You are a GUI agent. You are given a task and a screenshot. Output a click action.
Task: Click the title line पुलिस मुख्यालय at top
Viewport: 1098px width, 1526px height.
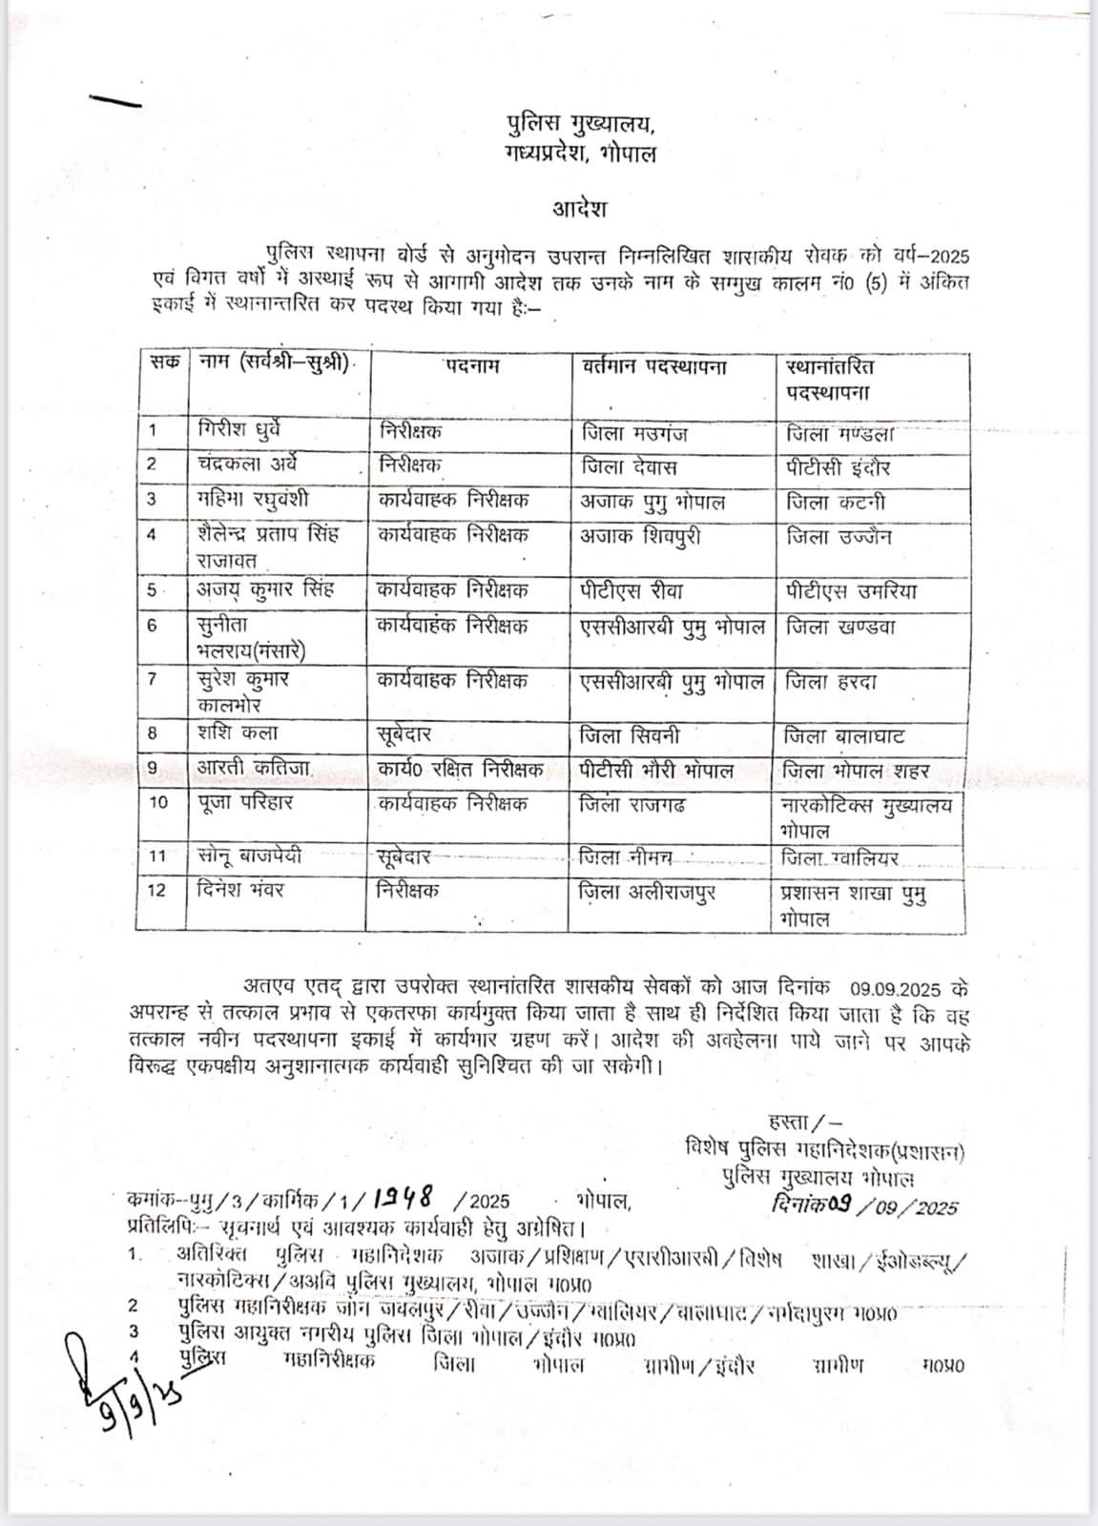[580, 124]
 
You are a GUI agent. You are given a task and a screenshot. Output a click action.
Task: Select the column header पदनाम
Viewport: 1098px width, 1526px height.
[471, 366]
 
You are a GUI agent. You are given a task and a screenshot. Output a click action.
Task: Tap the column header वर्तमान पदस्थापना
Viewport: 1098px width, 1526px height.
[654, 366]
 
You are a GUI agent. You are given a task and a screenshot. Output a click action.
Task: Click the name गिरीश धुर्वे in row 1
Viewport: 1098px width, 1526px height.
[239, 430]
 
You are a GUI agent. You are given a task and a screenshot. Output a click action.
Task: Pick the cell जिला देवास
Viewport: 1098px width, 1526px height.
[629, 466]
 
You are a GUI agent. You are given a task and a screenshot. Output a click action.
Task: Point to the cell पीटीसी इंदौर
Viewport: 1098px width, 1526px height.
[839, 467]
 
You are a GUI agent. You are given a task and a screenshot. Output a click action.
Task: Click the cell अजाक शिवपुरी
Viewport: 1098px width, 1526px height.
[640, 536]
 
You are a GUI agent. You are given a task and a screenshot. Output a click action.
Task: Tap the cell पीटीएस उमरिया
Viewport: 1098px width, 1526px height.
[851, 591]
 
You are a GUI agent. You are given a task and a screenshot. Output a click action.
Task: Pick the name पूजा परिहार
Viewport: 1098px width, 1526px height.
[245, 803]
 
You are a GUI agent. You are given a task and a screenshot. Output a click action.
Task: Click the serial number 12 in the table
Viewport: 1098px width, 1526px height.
[156, 891]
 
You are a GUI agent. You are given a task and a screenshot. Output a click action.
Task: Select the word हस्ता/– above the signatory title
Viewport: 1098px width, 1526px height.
[803, 1122]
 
